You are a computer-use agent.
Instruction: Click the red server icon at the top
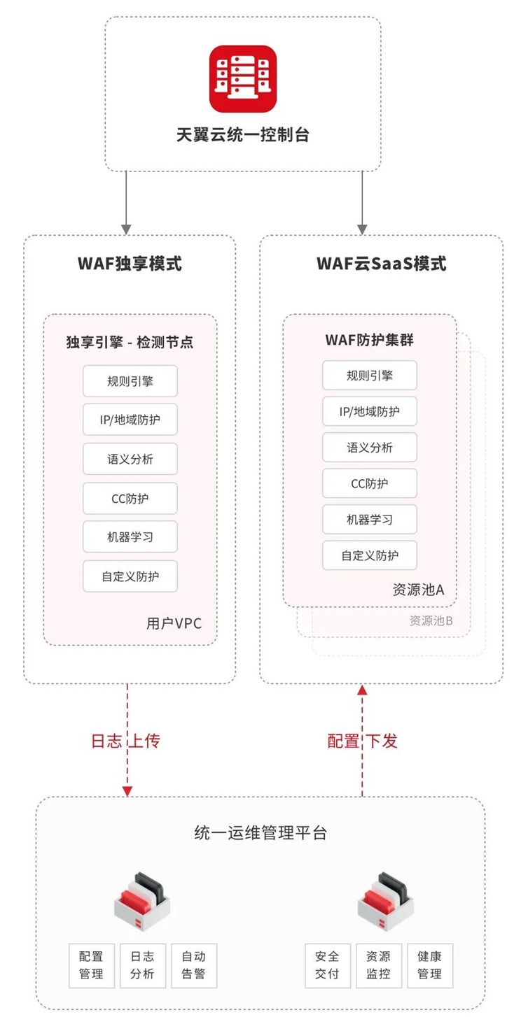[243, 78]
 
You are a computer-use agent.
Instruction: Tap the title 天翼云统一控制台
[243, 135]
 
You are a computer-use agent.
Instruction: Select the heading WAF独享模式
[130, 264]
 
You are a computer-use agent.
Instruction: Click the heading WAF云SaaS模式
[381, 264]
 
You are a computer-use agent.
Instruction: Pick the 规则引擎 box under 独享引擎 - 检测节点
[130, 381]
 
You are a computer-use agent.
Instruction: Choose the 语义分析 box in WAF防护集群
[370, 448]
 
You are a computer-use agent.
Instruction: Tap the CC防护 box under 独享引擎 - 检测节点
[130, 499]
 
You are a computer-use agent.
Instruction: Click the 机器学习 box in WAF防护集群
[370, 520]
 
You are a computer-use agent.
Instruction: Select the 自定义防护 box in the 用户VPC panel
[130, 577]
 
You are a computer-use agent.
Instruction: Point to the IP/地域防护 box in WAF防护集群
[370, 411]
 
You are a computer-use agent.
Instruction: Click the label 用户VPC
[174, 623]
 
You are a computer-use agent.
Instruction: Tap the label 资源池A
[419, 590]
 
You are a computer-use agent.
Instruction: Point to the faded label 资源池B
[431, 620]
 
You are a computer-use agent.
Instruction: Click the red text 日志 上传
[126, 741]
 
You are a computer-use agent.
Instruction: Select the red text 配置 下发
[362, 741]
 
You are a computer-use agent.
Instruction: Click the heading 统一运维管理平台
[260, 833]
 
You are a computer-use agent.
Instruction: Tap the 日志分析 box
[142, 965]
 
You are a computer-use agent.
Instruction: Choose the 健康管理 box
[430, 965]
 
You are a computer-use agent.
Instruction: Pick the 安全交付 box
[327, 965]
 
